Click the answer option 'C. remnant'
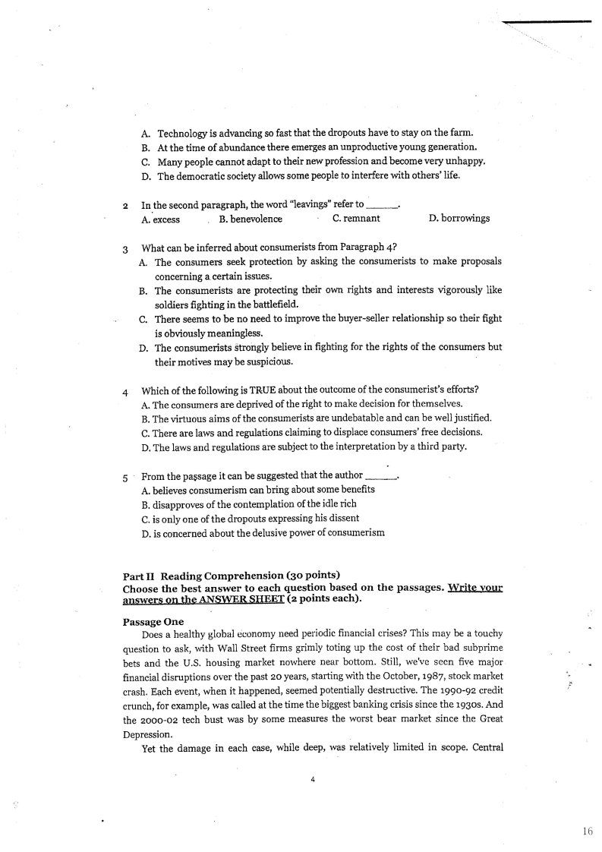click(356, 219)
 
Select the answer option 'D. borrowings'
click(459, 219)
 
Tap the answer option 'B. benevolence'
click(250, 219)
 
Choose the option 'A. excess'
click(160, 219)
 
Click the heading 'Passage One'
click(153, 621)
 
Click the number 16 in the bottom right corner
click(587, 832)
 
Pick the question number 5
click(125, 478)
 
